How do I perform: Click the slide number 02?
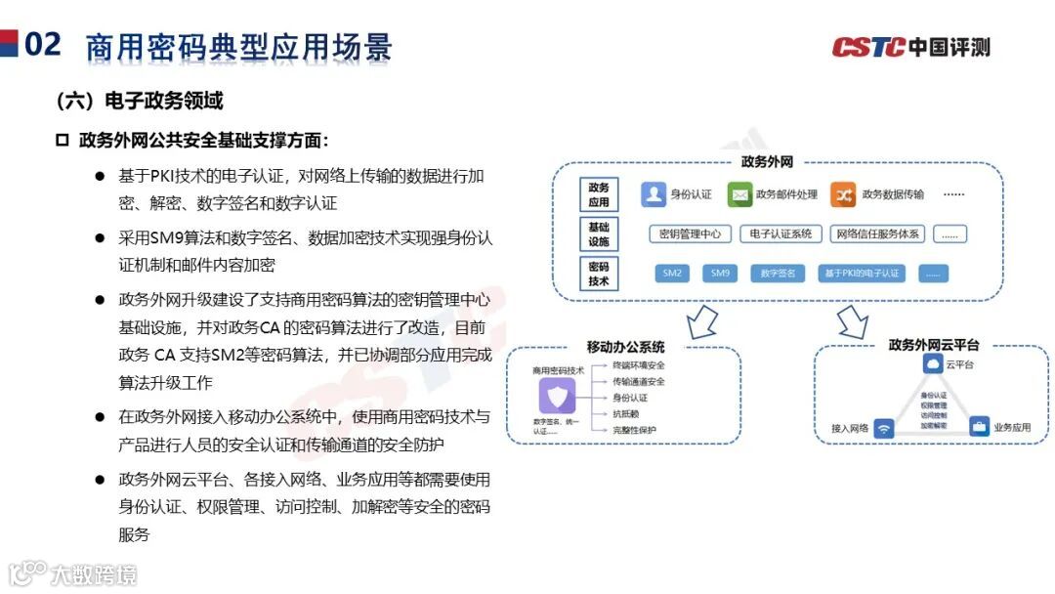point(42,44)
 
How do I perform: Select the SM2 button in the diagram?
point(672,274)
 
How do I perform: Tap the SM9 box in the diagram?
point(720,274)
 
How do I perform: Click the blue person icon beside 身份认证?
point(653,194)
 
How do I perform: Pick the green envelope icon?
point(739,194)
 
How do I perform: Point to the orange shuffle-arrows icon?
point(843,194)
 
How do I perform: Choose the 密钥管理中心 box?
point(690,234)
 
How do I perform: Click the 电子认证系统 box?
point(781,234)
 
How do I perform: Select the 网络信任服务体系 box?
point(876,234)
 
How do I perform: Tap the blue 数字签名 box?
point(778,274)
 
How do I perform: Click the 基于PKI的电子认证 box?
point(861,274)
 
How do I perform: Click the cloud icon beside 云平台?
point(932,364)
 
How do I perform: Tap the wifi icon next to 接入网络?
point(884,428)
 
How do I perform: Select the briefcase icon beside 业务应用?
point(979,427)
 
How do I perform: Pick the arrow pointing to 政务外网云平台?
point(853,320)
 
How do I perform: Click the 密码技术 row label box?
point(599,274)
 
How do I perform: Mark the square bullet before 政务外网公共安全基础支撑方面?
point(63,141)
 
